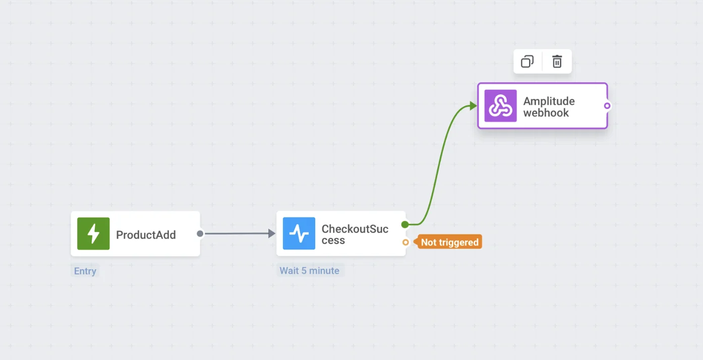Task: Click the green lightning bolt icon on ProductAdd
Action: pyautogui.click(x=93, y=234)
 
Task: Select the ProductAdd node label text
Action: pyautogui.click(x=146, y=235)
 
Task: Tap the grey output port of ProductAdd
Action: pyautogui.click(x=200, y=233)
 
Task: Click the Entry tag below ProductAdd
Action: pyautogui.click(x=85, y=271)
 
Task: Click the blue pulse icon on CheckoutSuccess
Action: pyautogui.click(x=299, y=234)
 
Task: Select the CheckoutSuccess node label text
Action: pyautogui.click(x=355, y=235)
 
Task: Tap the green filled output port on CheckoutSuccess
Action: pyautogui.click(x=405, y=224)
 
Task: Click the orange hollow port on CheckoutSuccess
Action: pyautogui.click(x=405, y=243)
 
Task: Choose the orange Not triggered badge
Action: pyautogui.click(x=449, y=243)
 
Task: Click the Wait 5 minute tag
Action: pyautogui.click(x=310, y=271)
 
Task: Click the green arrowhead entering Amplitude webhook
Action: pyautogui.click(x=473, y=105)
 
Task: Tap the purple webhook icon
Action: pyautogui.click(x=500, y=106)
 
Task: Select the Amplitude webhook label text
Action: pyautogui.click(x=549, y=107)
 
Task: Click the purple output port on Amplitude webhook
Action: pyautogui.click(x=607, y=106)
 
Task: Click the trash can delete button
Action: pyautogui.click(x=557, y=62)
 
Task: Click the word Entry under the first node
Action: pyautogui.click(x=85, y=271)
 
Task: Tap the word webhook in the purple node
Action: pyautogui.click(x=546, y=113)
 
